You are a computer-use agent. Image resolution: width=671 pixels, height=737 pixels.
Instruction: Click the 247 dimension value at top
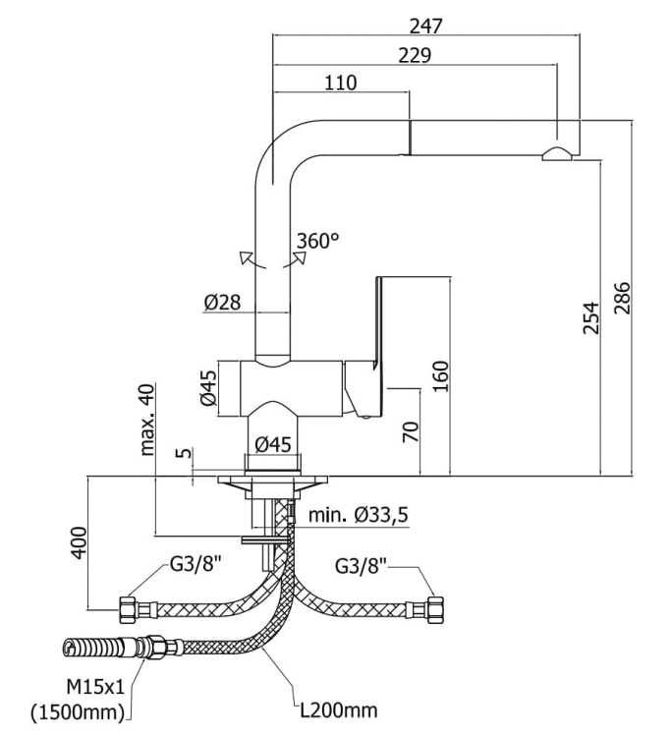(425, 27)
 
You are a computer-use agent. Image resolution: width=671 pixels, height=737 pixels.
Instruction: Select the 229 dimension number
(415, 55)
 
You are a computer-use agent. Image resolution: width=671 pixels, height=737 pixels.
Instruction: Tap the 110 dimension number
(341, 83)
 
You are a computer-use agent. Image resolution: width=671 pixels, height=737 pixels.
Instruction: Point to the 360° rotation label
(317, 241)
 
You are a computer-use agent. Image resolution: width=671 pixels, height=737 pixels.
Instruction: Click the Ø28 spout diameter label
(222, 303)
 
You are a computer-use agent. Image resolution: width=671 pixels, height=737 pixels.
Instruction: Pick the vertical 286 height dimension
(622, 298)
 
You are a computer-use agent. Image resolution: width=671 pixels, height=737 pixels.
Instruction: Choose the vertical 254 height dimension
(591, 318)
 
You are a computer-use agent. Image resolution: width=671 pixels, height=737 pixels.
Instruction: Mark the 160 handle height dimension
(440, 376)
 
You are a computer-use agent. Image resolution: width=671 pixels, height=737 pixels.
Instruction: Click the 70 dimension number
(411, 432)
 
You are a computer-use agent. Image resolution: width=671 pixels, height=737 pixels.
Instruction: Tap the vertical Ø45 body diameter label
(207, 388)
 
